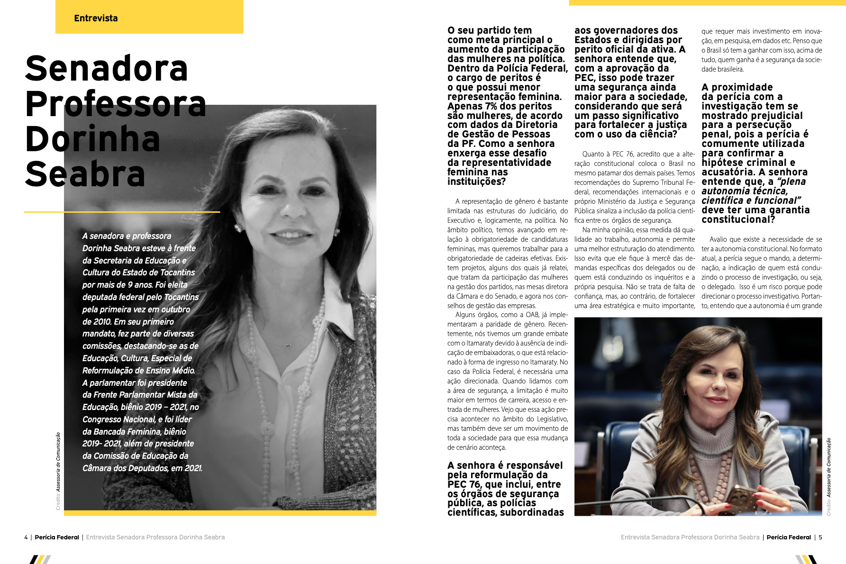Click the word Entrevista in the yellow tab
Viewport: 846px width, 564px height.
(x=96, y=18)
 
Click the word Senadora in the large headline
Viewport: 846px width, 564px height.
(x=107, y=69)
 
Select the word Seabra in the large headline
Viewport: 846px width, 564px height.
(x=85, y=174)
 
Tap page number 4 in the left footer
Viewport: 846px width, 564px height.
(x=26, y=537)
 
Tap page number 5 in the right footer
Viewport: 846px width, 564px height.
(x=820, y=537)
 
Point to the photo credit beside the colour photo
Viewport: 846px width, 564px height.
(x=829, y=476)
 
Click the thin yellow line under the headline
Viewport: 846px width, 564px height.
(x=122, y=212)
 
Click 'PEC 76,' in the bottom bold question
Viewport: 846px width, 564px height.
(x=464, y=484)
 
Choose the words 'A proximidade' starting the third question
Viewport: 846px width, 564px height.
(x=737, y=87)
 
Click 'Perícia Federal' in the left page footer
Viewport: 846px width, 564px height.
(x=57, y=537)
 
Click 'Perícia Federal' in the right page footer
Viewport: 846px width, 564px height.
(x=789, y=537)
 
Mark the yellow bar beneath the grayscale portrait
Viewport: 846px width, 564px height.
(x=220, y=513)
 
